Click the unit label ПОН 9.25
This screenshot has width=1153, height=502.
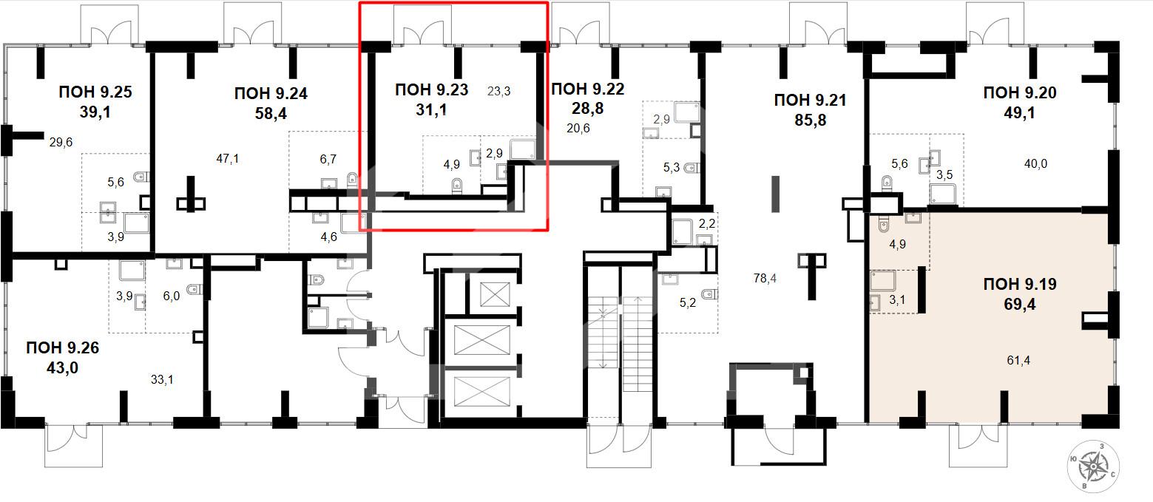95,92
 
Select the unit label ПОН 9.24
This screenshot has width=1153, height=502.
271,94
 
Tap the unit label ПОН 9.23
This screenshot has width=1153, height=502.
431,90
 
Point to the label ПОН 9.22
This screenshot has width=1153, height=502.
588,89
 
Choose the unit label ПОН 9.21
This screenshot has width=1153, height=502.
810,101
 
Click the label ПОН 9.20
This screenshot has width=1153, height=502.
1020,92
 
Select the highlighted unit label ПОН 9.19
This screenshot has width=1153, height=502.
1020,284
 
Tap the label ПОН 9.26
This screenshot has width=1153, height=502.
62,347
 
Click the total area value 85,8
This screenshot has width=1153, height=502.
810,121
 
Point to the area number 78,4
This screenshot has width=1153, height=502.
765,278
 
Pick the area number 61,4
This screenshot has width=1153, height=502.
1018,361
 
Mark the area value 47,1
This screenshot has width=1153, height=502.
228,159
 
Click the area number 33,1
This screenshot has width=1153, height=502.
162,380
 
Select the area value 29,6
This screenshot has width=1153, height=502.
61,143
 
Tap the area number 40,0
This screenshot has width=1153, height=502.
1035,164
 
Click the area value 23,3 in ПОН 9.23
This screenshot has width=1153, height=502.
498,92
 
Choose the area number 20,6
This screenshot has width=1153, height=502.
578,128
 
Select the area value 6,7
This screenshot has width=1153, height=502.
328,160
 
